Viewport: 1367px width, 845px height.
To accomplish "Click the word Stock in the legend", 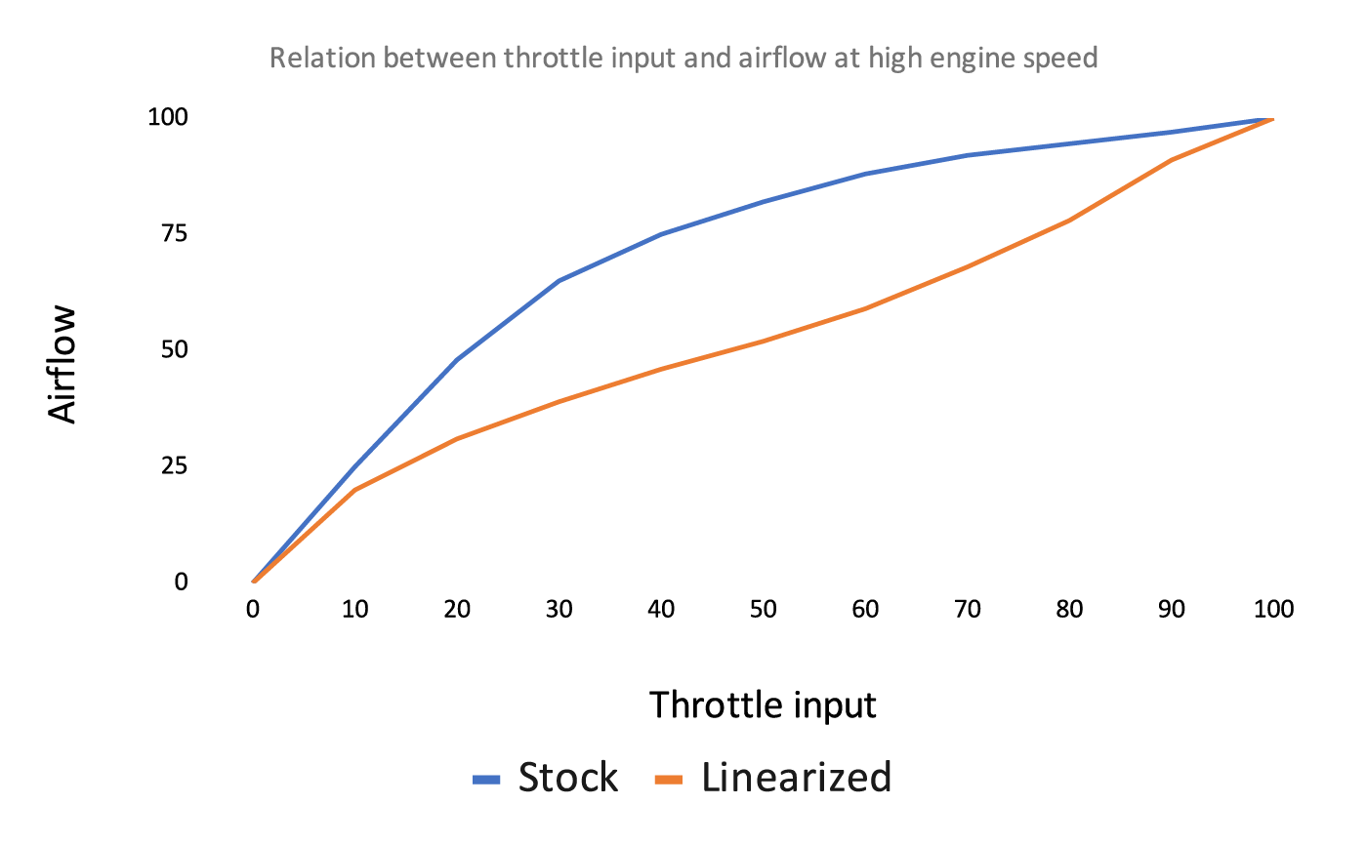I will pos(567,779).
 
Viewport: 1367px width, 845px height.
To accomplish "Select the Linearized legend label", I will pos(796,779).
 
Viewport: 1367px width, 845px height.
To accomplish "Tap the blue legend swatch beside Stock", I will pos(486,780).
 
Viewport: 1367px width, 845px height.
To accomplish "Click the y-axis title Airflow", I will pos(62,365).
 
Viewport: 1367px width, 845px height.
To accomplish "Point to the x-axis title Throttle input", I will pos(763,704).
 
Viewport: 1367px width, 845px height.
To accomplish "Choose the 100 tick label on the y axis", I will pos(166,117).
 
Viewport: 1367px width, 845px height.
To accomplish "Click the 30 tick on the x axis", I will pos(559,610).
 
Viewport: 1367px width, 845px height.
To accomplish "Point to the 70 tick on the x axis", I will pos(967,610).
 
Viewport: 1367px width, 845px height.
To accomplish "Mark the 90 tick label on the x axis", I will pos(1171,610).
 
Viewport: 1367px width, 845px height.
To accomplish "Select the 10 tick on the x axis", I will pos(354,610).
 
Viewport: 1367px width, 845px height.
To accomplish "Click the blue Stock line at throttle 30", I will pos(559,281).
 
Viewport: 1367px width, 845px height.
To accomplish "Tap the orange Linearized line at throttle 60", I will pos(865,308).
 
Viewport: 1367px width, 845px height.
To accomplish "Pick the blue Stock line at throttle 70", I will pos(967,155).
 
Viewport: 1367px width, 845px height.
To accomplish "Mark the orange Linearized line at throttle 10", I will pos(354,490).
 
